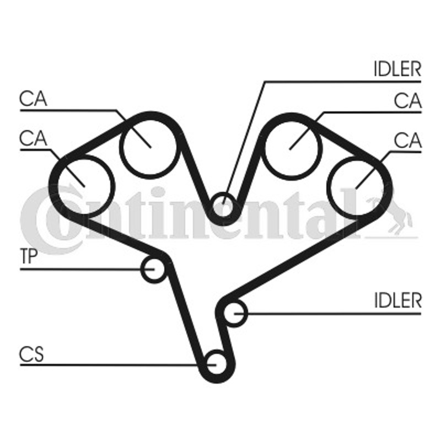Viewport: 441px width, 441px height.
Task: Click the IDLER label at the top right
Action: [x=397, y=69]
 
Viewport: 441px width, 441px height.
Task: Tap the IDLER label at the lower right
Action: [x=397, y=300]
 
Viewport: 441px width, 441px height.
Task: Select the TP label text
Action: [x=29, y=256]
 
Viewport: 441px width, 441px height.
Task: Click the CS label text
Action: [x=31, y=354]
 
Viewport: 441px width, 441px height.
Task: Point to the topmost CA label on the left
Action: [x=33, y=99]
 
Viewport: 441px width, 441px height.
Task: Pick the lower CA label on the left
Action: [x=33, y=138]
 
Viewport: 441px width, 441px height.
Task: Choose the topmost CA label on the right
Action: [x=408, y=101]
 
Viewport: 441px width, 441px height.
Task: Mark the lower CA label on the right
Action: [x=408, y=140]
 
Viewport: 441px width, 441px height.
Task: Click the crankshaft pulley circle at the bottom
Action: [x=216, y=364]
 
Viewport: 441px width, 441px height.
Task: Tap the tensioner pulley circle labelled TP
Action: [x=153, y=269]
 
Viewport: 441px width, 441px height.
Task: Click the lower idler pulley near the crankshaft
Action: [x=235, y=313]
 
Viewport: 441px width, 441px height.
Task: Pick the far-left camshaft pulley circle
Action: [x=84, y=186]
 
